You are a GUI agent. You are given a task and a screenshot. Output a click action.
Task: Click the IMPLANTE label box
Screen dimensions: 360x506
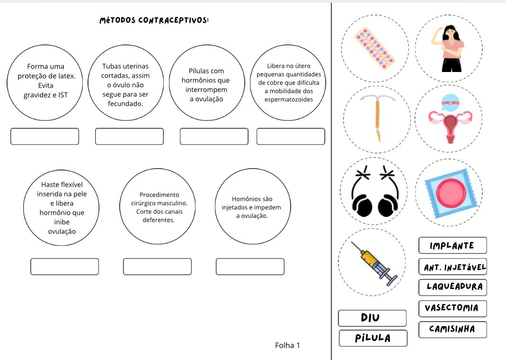tap(453, 245)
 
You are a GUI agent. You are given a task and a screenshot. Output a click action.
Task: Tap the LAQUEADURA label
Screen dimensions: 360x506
tap(453, 287)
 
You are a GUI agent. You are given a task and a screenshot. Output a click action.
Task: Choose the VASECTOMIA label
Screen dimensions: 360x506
tap(453, 308)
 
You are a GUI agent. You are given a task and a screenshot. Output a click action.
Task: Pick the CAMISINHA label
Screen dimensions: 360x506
tap(453, 329)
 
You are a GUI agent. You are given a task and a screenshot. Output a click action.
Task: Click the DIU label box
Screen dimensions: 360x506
tap(372, 318)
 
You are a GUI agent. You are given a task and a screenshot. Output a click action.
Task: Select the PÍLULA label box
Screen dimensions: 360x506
tap(373, 338)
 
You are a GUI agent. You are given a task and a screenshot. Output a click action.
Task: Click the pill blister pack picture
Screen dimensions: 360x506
tap(375, 48)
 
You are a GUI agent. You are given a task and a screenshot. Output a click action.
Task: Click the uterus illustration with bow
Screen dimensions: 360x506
tap(449, 119)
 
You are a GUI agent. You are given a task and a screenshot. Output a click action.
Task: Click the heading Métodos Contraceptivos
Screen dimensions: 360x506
tap(154, 20)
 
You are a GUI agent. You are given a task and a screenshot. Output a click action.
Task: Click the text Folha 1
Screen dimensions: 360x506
tap(287, 345)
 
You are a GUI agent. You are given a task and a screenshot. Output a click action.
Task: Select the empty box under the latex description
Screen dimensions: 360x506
tap(45, 136)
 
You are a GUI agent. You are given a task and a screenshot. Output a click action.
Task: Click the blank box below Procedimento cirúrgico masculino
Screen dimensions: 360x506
tap(157, 266)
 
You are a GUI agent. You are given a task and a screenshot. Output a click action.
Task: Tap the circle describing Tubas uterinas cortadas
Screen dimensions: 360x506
tap(125, 85)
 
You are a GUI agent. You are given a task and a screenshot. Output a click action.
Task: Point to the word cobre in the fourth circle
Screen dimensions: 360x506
tap(276, 83)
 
